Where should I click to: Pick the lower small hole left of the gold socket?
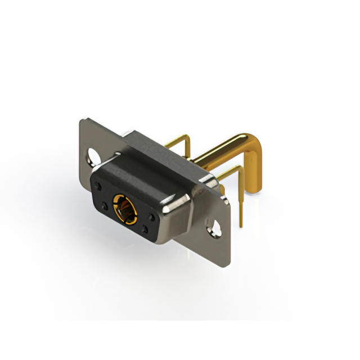[105, 205]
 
